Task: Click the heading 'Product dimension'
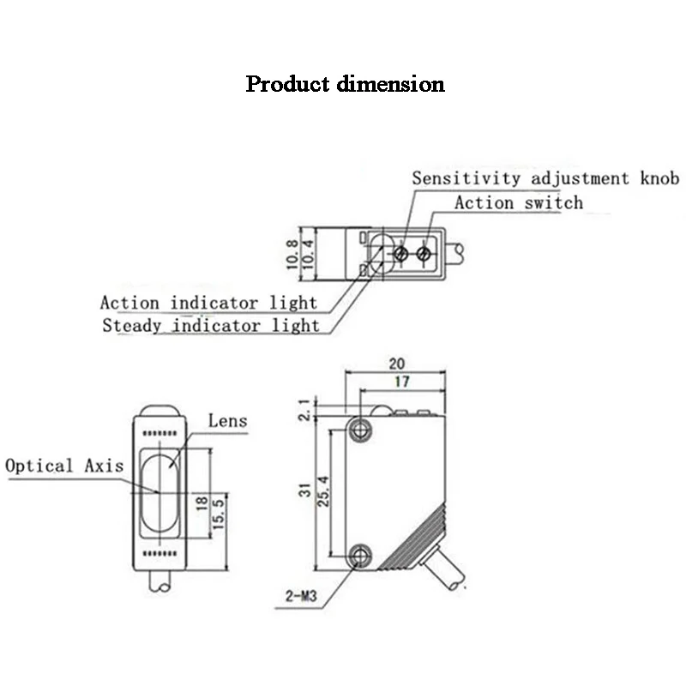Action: [345, 84]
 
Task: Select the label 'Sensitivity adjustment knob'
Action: [545, 178]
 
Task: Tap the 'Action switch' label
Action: [518, 203]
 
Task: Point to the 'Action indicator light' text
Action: [208, 303]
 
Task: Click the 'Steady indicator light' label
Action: [210, 325]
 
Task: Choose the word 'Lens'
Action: [227, 420]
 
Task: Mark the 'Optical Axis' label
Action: [64, 466]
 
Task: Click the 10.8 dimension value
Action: [292, 255]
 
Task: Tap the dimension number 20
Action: [396, 364]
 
